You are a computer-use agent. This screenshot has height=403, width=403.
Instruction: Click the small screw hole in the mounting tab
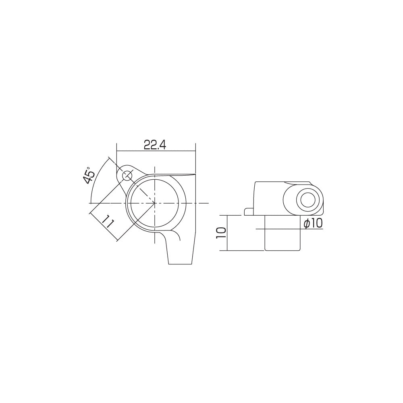click(x=128, y=175)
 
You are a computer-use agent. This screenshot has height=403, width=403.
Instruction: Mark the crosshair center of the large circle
click(x=155, y=203)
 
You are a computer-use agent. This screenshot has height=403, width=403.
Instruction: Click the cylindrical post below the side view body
click(x=282, y=234)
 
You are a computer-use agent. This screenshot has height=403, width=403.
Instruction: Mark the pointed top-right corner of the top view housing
click(x=195, y=174)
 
